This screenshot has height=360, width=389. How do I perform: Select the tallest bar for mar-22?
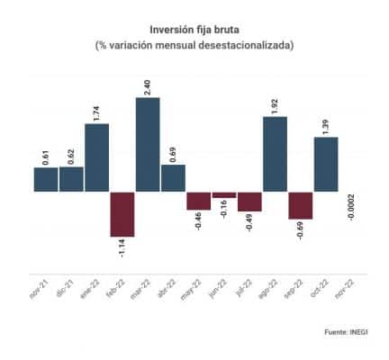148,144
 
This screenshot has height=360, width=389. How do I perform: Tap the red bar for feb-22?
122,213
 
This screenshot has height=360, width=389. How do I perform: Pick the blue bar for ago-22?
275,154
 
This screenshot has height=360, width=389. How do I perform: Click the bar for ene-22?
96,157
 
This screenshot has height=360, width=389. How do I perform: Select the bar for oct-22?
326,164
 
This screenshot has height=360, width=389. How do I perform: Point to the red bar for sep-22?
301,205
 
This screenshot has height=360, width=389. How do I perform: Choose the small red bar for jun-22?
224,194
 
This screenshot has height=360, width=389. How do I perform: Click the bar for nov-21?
46,179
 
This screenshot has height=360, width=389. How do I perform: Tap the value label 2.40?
148,86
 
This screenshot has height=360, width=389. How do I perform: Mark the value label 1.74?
96,112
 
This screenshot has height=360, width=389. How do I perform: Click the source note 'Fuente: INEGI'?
348,333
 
